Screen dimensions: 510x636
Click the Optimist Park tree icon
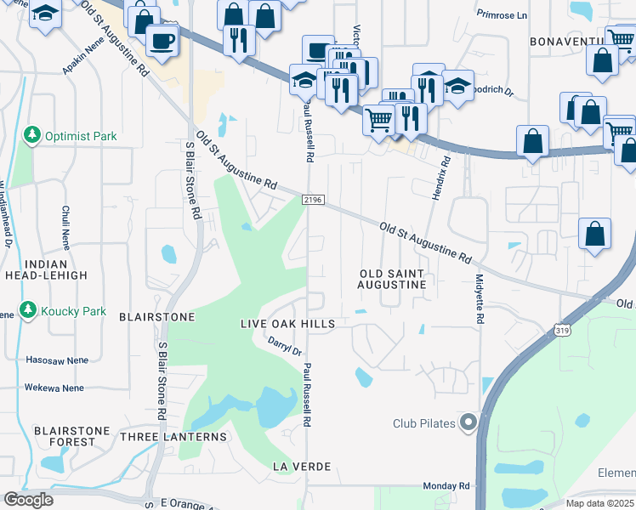(31, 136)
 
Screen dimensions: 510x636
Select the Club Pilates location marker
(468, 422)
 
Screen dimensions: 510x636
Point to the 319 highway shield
(563, 330)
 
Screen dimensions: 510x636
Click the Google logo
(28, 500)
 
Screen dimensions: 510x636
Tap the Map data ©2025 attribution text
(599, 503)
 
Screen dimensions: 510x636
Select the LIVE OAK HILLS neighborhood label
(287, 325)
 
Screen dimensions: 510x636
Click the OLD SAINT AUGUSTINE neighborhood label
(392, 278)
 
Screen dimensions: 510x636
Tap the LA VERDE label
(301, 467)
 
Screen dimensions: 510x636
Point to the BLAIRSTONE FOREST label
(71, 436)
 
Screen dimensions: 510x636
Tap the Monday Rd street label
(446, 485)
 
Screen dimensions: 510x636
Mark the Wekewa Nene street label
(54, 388)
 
